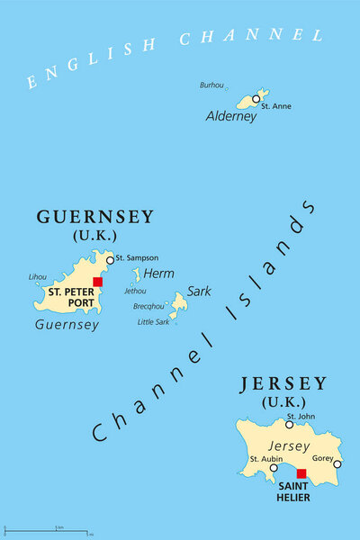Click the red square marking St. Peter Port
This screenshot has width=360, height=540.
coord(97,282)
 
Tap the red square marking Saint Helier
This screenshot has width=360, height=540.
coord(301,473)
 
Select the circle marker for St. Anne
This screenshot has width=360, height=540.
coord(256,99)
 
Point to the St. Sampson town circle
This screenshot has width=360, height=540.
coord(110,260)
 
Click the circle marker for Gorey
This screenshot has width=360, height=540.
coord(337,464)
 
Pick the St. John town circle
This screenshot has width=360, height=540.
coord(290,424)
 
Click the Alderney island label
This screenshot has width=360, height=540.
coord(231,116)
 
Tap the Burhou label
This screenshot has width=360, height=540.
coord(212,85)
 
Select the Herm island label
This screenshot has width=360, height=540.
coord(158,274)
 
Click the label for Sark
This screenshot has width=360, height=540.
coord(198,292)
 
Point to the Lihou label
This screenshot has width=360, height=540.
coord(37,277)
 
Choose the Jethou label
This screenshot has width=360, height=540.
coord(135,291)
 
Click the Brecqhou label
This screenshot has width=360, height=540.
coord(148,306)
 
